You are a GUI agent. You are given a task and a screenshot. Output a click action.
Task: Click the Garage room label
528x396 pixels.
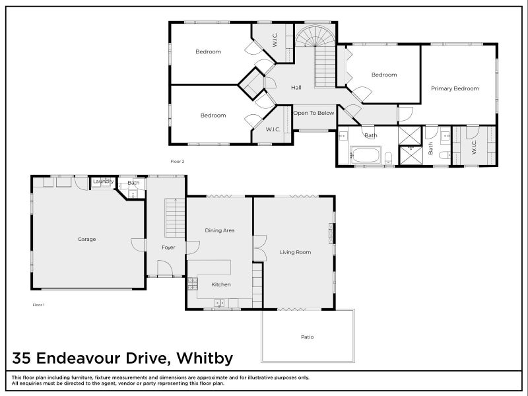86,239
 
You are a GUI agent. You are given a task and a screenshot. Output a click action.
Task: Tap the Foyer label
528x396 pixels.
168,247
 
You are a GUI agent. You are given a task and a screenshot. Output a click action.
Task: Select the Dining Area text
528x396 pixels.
220,230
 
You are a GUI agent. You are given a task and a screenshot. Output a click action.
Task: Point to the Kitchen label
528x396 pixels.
220,284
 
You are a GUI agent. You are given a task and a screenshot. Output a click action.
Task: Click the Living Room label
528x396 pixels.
295,252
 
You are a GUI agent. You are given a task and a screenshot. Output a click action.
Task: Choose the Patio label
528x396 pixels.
307,337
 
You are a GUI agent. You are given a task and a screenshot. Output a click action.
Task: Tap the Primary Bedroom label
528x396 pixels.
455,88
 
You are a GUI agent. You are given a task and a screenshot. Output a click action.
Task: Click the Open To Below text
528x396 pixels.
313,113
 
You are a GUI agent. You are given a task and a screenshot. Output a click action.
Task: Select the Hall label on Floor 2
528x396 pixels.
296,88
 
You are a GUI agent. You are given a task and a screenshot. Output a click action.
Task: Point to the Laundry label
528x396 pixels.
104,181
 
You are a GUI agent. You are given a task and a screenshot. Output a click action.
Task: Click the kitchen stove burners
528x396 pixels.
193,284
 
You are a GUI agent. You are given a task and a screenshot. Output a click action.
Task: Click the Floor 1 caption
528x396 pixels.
38,305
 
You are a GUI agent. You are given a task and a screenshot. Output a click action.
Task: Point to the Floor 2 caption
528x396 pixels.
177,162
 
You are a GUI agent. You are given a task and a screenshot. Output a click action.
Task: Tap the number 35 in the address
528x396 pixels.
22,358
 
